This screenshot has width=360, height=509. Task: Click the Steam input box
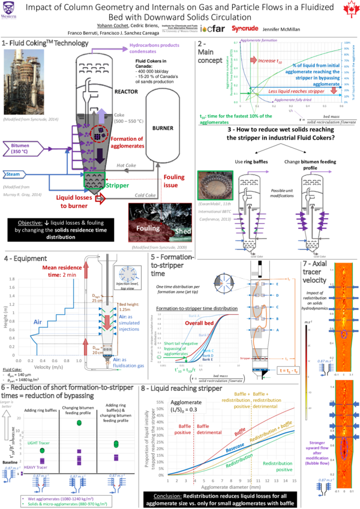click(x=14, y=174)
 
